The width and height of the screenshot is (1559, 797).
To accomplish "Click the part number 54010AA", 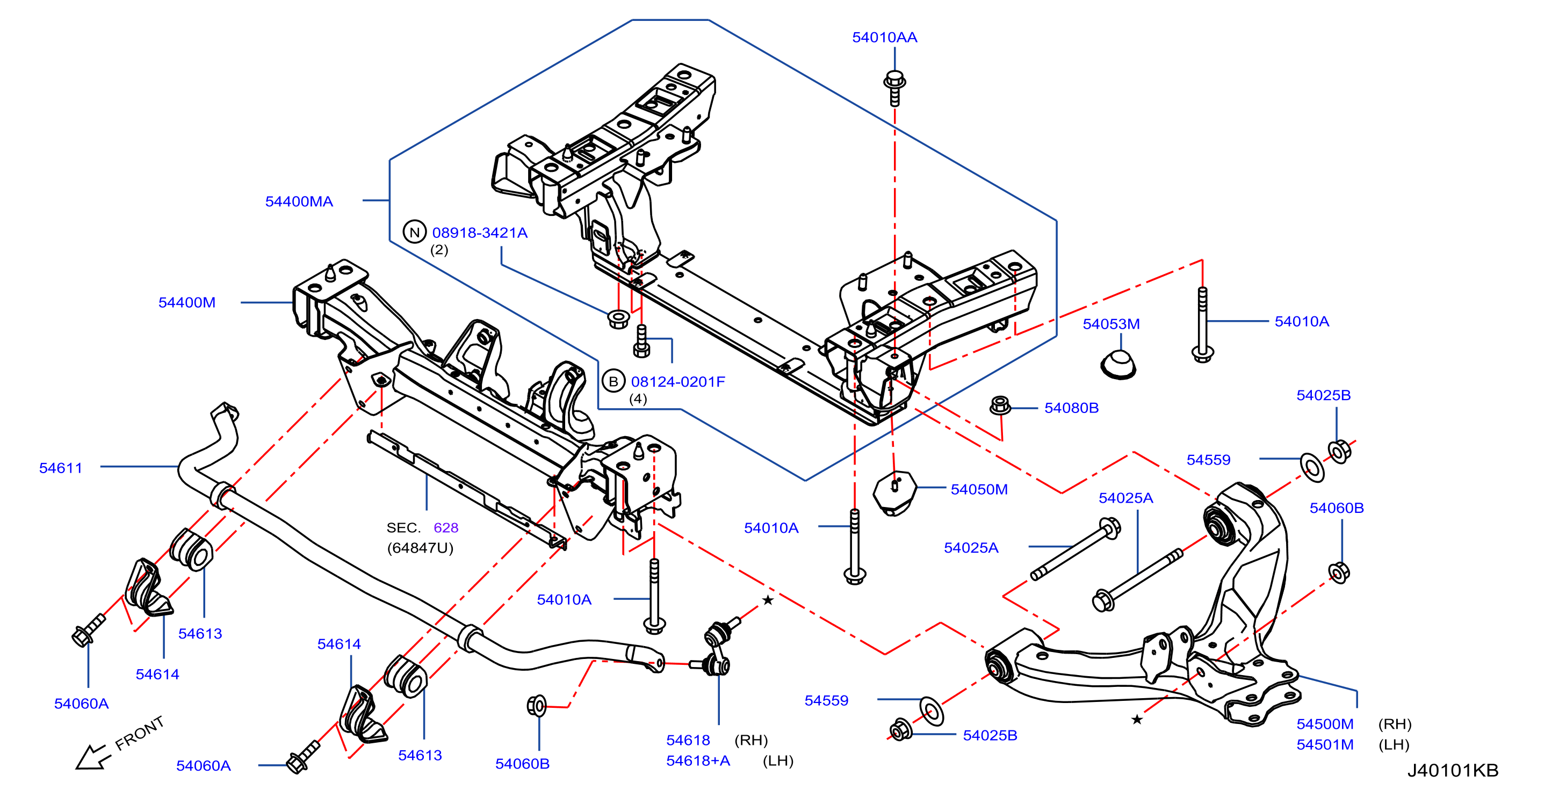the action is click(x=884, y=38).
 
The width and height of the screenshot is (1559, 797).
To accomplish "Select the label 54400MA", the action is click(x=299, y=201).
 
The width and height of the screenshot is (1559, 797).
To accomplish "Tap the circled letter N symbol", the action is click(x=415, y=232).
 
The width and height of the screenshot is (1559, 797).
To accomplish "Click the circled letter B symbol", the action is click(x=613, y=381).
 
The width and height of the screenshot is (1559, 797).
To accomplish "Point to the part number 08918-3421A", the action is click(x=480, y=233).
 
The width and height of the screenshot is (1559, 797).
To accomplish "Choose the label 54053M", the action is click(x=1111, y=324).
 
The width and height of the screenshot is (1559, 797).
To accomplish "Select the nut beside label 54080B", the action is click(x=1000, y=405).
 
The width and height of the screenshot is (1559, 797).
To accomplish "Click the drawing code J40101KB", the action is click(x=1453, y=770).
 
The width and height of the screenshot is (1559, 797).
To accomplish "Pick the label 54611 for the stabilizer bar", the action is click(x=61, y=468).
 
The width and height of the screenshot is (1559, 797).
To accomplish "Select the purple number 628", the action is click(x=446, y=528).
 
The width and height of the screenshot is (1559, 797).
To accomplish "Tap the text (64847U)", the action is click(x=420, y=548).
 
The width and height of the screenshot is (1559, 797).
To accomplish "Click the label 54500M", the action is click(x=1325, y=724).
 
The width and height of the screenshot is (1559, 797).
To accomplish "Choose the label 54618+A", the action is click(x=698, y=760).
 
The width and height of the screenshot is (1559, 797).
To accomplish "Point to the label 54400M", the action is click(x=187, y=302).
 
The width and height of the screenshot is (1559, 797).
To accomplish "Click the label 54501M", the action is click(x=1325, y=744).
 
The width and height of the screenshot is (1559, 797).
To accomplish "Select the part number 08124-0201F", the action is click(x=678, y=382).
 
